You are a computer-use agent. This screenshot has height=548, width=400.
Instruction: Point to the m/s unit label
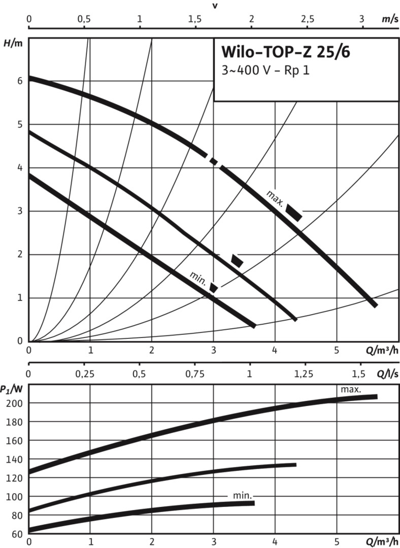(389, 19)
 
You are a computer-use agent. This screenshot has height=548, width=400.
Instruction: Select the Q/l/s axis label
(387, 374)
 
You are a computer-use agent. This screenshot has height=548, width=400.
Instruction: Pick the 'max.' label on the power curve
(351, 390)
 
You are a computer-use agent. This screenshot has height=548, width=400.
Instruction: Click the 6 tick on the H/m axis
(19, 81)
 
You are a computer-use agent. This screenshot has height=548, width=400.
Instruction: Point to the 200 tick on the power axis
(16, 403)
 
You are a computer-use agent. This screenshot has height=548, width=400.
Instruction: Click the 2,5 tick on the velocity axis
(308, 19)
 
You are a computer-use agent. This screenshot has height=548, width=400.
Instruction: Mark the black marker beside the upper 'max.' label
(294, 212)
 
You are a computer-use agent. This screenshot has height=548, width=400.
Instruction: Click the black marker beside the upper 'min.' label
(214, 288)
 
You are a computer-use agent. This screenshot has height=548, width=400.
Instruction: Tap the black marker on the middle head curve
(237, 261)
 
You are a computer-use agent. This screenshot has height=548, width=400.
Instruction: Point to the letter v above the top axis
(215, 6)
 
